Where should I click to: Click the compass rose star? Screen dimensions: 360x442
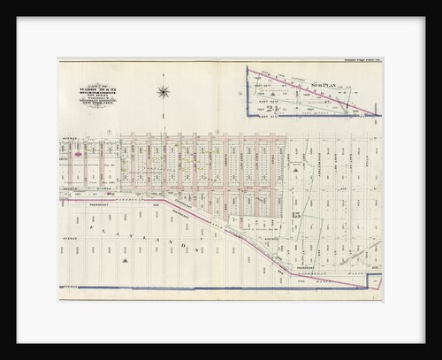[x=164, y=90]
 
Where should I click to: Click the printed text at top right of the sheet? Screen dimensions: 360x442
[x=356, y=60]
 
